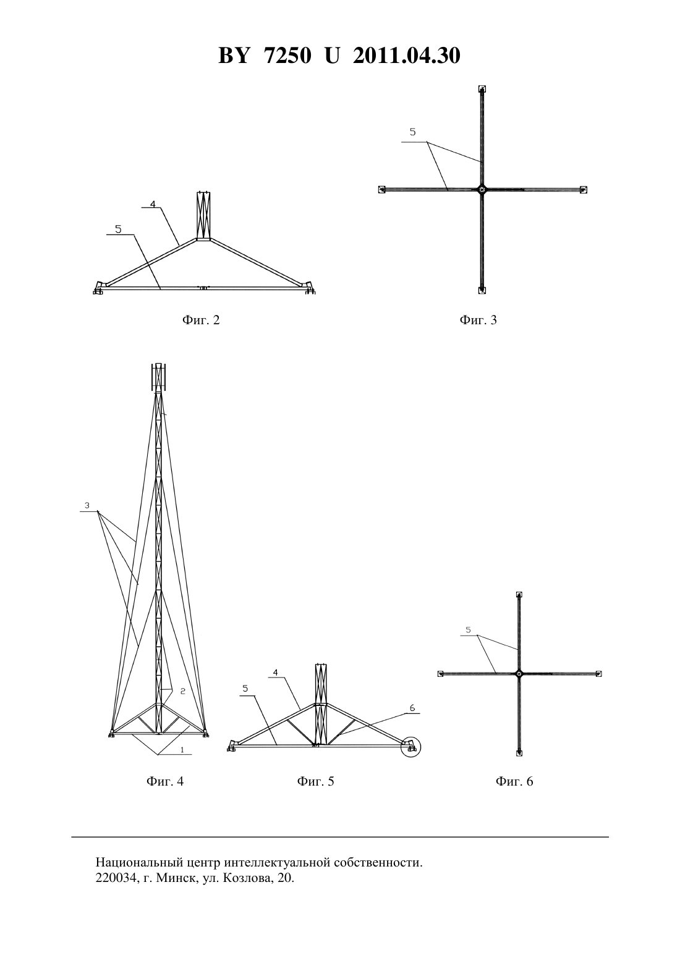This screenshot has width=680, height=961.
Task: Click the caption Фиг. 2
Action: [x=201, y=320]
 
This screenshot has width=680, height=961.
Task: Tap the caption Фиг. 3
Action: [x=478, y=320]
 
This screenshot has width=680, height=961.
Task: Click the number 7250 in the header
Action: [x=287, y=56]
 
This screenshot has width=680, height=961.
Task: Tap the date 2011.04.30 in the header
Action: [x=407, y=56]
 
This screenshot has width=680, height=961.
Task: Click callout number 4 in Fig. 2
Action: [x=153, y=203]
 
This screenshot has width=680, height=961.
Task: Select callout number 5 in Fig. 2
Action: [x=119, y=230]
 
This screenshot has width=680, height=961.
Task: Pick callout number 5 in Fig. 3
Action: [x=413, y=132]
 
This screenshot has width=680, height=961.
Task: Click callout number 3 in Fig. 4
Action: [x=87, y=505]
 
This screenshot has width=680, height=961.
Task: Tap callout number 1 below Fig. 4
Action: [x=182, y=750]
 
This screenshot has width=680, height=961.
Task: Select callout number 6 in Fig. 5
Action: [x=412, y=708]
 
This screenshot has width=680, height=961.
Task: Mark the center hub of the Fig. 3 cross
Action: [x=482, y=189]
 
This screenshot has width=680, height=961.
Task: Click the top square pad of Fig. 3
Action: [x=482, y=89]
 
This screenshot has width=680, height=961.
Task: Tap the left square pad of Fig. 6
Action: [x=440, y=674]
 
